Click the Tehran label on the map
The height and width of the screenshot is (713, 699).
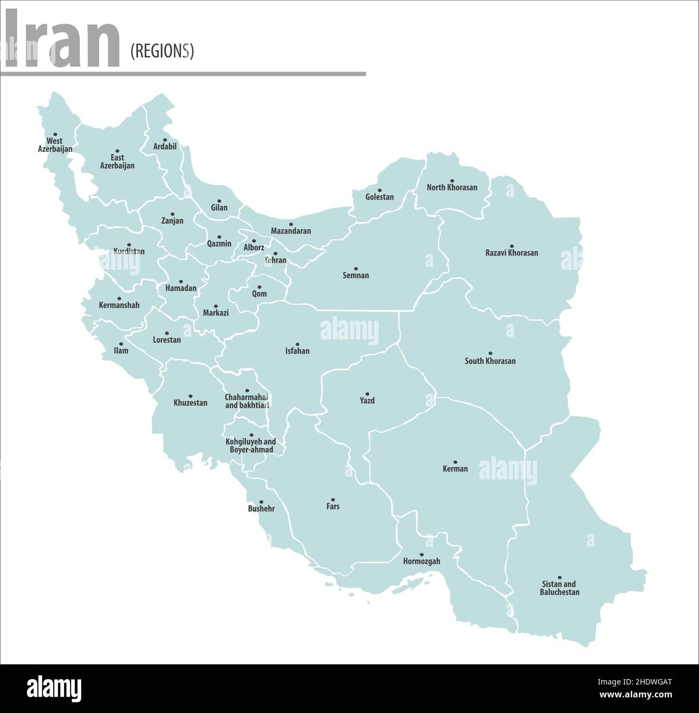[x=275, y=260]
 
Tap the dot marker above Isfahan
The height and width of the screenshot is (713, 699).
[x=297, y=344]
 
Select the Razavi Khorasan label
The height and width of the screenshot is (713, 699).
[x=511, y=253]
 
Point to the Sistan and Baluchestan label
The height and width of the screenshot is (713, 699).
[x=559, y=588]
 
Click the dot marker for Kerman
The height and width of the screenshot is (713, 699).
[x=455, y=462]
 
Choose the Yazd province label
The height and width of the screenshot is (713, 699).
[x=367, y=401]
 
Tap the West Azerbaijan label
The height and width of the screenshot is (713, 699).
[x=55, y=145]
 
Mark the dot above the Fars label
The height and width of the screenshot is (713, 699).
[x=332, y=499]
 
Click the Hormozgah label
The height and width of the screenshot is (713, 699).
[x=422, y=562]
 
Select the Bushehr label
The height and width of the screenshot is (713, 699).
[x=261, y=509]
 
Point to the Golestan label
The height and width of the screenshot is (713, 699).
[x=379, y=197]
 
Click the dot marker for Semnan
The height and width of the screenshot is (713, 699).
[x=355, y=269]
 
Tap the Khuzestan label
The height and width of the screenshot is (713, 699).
[x=190, y=403]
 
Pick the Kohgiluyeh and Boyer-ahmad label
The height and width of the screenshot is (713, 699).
[x=251, y=446]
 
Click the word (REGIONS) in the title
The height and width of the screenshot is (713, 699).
[x=162, y=51]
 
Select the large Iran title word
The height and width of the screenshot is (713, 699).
[x=62, y=40]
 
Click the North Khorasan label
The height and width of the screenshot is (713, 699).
[x=452, y=188]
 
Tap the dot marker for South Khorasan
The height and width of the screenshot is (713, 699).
[x=490, y=354]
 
